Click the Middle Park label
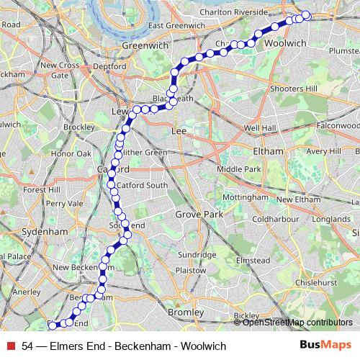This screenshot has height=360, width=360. point(238,169)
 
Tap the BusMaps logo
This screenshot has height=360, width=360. point(326,345)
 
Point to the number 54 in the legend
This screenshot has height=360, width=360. point(27,346)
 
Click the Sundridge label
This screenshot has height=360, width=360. point(197,255)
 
